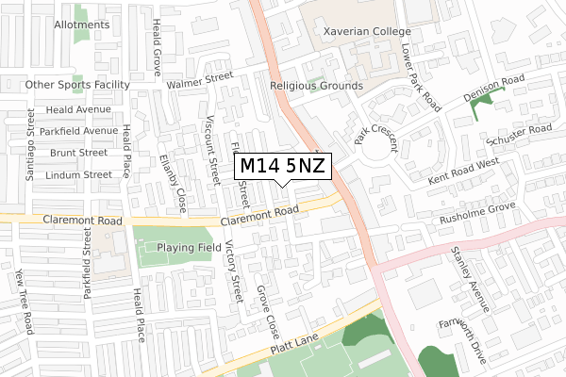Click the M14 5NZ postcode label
click(x=282, y=166)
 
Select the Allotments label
click(x=81, y=25)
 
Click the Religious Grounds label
click(x=316, y=86)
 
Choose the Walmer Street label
click(x=199, y=83)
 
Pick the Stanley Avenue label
click(x=470, y=280)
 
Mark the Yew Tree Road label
click(x=24, y=302)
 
